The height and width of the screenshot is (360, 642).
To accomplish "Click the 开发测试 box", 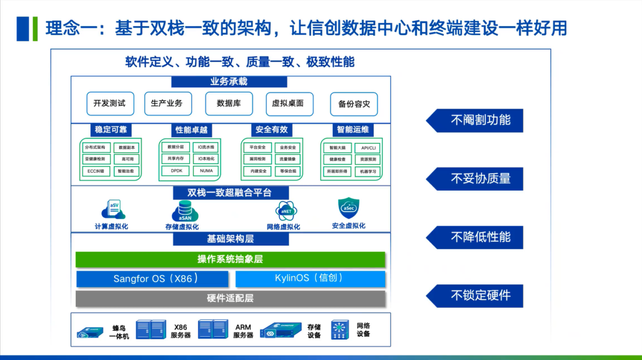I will (x=109, y=103).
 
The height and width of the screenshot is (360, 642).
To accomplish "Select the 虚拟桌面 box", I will (x=289, y=104).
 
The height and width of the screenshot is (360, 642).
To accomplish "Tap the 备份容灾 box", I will (x=354, y=104).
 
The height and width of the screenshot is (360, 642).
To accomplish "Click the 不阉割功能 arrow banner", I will (x=474, y=120).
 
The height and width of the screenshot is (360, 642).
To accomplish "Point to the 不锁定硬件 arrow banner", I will (x=474, y=296).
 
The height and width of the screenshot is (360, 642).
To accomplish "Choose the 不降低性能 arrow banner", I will (x=474, y=237).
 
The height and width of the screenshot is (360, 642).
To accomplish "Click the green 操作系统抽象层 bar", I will (x=230, y=259).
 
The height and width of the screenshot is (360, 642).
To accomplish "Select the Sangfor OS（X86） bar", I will (x=152, y=279).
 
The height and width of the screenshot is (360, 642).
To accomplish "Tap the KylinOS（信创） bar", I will (x=310, y=278).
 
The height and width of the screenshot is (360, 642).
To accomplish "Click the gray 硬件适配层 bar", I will (x=230, y=298).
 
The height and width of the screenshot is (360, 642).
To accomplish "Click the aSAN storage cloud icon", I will (x=185, y=211).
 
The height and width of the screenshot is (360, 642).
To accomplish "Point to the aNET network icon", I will (x=286, y=211).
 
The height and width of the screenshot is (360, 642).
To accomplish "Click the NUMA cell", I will (x=206, y=171).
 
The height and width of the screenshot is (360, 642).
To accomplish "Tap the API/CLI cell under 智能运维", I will (x=368, y=148).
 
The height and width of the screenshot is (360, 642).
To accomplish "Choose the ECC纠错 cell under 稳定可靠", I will (x=96, y=171).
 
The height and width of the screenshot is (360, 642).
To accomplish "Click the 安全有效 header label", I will (x=271, y=130).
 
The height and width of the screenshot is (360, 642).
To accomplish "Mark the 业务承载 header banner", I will (x=229, y=82).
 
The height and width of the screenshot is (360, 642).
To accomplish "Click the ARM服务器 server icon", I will (x=213, y=329).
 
